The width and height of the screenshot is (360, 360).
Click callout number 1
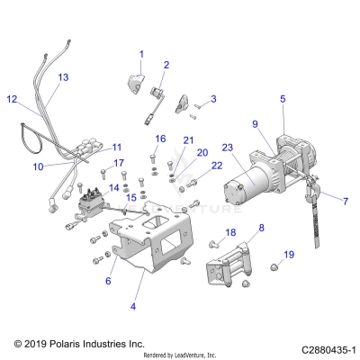[x=141, y=55]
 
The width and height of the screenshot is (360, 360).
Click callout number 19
[x=288, y=256]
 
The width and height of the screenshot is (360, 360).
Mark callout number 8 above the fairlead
[x=261, y=229]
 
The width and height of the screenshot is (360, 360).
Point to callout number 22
[x=216, y=165]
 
